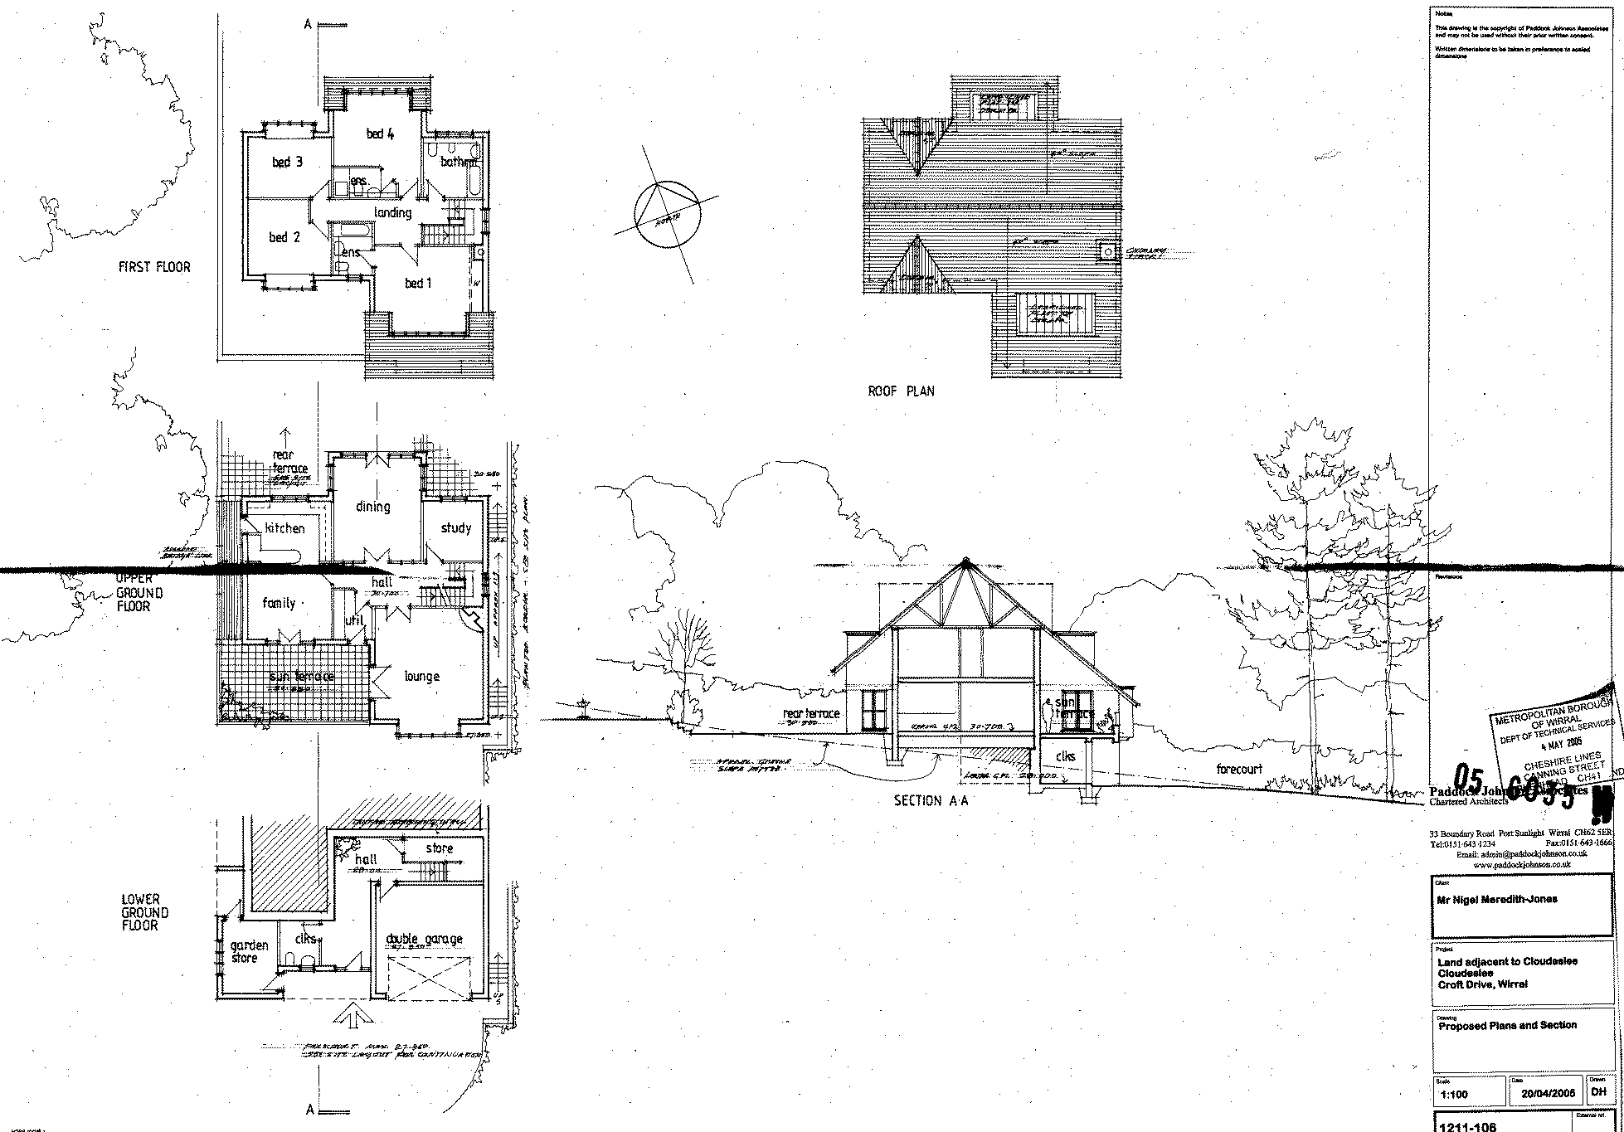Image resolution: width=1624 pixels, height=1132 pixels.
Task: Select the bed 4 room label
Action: point(380,133)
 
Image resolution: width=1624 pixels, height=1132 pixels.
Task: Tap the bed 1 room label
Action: point(418,284)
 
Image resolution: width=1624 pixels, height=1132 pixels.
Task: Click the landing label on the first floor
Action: point(392,213)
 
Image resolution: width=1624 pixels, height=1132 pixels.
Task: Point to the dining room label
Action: point(372,507)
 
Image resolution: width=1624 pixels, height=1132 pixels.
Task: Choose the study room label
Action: point(455,527)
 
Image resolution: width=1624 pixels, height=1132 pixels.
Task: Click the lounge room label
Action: point(421,677)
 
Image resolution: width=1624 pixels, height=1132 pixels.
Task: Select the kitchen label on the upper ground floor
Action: point(284,528)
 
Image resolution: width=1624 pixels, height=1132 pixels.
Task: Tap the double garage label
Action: point(425,939)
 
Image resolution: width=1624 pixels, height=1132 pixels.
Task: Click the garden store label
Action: point(249,951)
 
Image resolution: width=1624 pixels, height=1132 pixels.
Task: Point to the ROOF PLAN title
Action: point(901,391)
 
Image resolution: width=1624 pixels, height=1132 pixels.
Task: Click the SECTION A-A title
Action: point(931,801)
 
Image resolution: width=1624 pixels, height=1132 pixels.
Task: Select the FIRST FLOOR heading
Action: point(154,267)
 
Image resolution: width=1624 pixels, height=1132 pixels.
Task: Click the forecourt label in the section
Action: point(1239,769)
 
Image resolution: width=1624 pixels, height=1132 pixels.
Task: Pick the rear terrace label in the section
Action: point(811,713)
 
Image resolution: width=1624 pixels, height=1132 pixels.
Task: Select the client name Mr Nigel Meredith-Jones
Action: point(1497,899)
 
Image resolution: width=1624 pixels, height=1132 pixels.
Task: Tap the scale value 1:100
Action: point(1454,1094)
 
